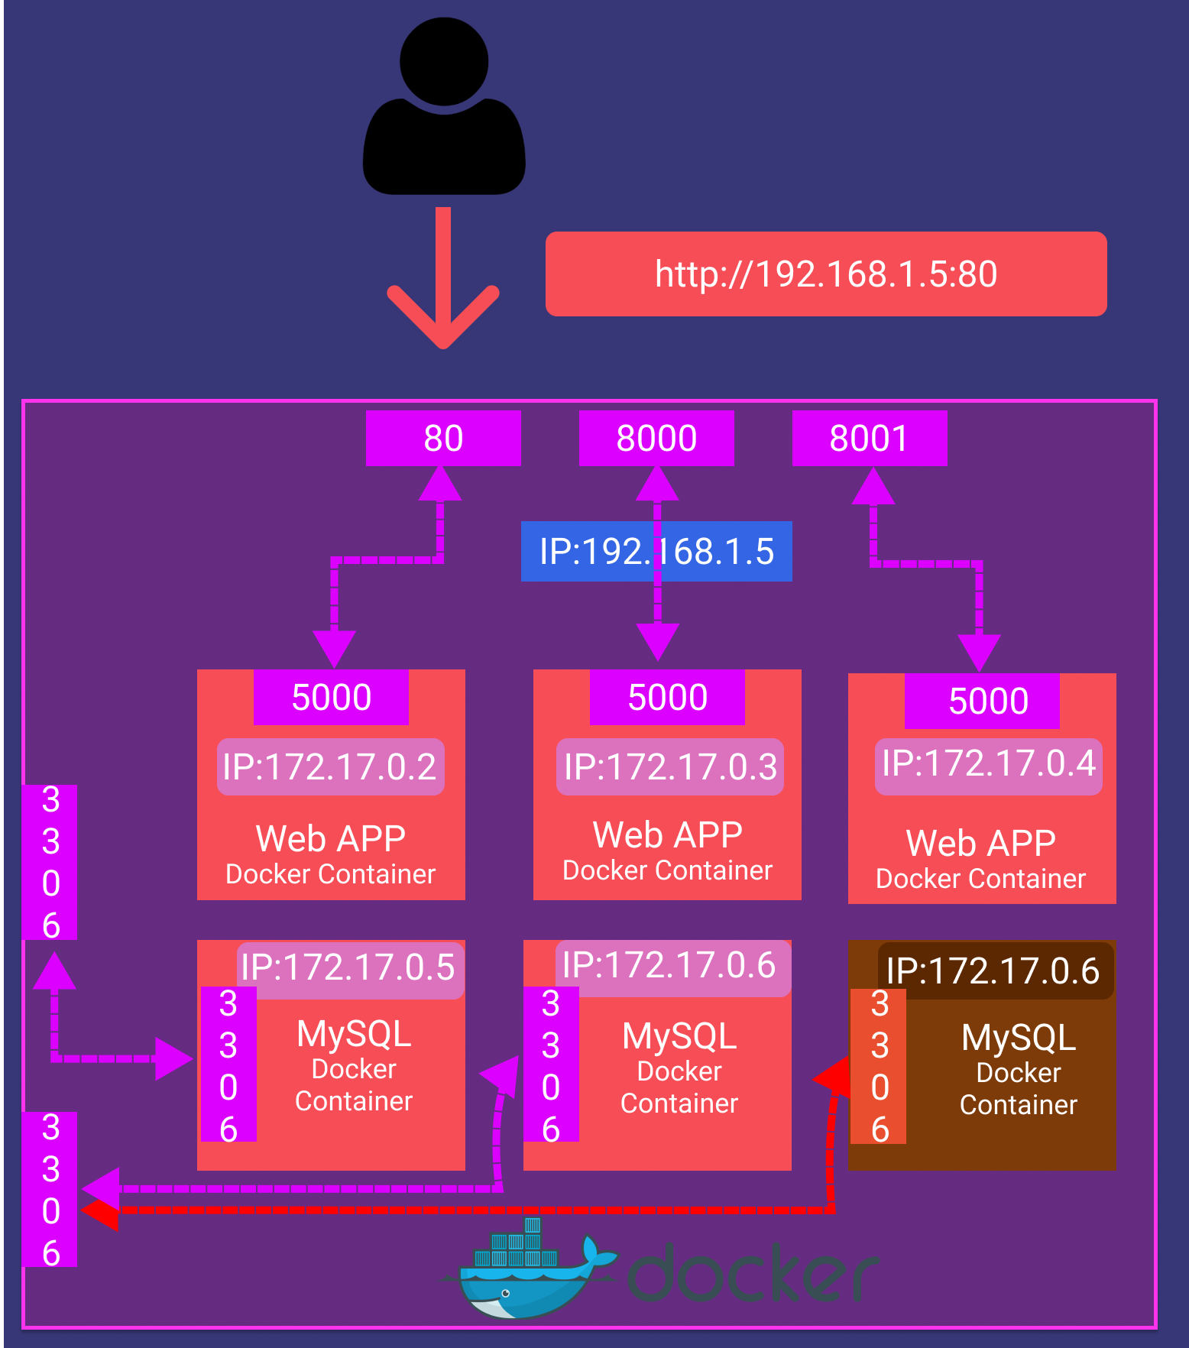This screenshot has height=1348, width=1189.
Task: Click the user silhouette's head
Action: click(x=444, y=61)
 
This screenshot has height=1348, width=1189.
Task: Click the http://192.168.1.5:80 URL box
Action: click(x=825, y=274)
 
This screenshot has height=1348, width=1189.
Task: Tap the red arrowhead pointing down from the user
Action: click(x=443, y=321)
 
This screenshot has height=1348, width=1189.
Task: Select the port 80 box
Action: click(x=443, y=438)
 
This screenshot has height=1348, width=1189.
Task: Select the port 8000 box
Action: click(x=656, y=438)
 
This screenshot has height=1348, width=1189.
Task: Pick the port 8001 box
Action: click(x=870, y=438)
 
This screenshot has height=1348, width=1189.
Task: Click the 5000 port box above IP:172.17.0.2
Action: click(x=331, y=697)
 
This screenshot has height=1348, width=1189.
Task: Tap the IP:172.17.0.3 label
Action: click(x=670, y=766)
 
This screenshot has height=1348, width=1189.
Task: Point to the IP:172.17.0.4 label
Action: click(x=988, y=764)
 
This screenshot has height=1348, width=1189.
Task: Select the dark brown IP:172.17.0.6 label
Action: click(x=993, y=970)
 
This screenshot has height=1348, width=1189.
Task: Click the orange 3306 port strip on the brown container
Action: click(x=879, y=1066)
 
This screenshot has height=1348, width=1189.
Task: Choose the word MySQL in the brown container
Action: click(x=1019, y=1038)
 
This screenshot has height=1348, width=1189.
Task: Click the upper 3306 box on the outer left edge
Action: click(x=50, y=862)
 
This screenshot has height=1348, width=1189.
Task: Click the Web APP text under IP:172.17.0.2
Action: click(x=331, y=838)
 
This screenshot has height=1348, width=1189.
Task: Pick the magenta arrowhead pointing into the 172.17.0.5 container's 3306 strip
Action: click(x=173, y=1058)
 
